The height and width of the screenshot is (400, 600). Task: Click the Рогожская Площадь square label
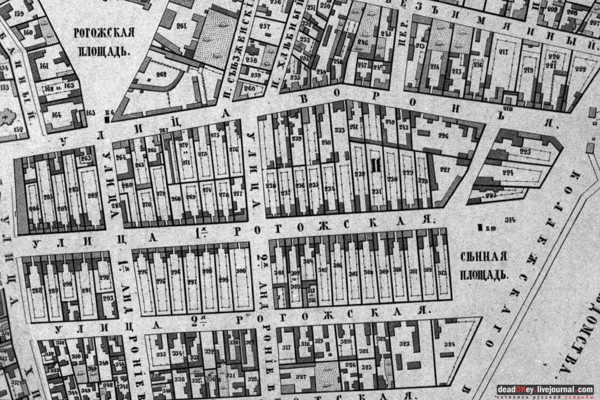(x=104, y=42)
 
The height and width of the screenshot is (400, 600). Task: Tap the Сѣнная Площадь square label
(x=483, y=265)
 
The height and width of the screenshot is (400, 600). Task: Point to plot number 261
(x=181, y=26)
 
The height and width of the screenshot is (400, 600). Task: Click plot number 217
(x=503, y=52)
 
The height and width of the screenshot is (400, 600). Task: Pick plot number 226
(x=442, y=136)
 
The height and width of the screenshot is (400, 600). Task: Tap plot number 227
(x=445, y=170)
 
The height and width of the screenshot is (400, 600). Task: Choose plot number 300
(x=241, y=271)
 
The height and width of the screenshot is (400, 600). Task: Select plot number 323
(x=404, y=344)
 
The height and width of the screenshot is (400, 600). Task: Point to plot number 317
(x=286, y=347)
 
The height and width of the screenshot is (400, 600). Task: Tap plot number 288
(x=37, y=290)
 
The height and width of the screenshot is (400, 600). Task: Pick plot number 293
(x=107, y=298)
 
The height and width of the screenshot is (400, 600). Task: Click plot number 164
(x=56, y=114)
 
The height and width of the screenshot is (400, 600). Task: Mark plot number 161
(x=44, y=66)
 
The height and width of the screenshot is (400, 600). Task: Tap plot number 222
(x=579, y=69)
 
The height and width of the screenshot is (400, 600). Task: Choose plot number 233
(x=339, y=130)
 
